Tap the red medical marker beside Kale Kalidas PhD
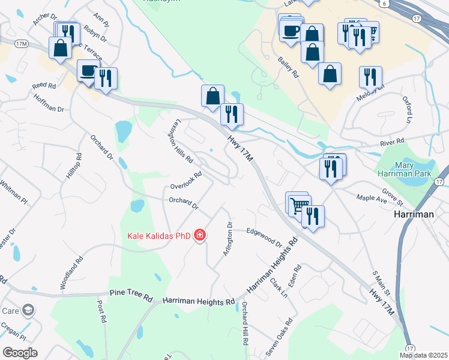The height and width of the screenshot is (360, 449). coord(200,235)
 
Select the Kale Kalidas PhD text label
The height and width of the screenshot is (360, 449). coord(159,235)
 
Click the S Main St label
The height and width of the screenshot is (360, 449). coord(381,283)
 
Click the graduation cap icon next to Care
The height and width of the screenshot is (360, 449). coord(28,310)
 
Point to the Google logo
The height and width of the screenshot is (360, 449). coord(20,352)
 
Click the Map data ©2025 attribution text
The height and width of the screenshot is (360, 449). coord(423,355)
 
